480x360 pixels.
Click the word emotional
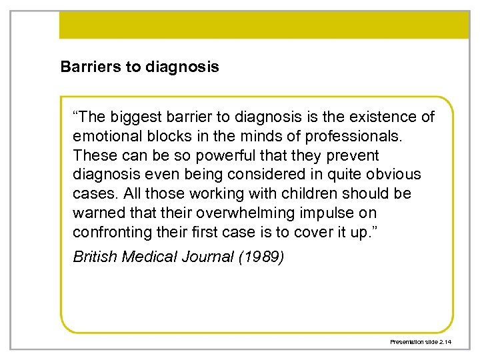104,137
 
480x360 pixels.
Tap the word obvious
395,175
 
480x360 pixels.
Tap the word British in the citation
94,257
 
